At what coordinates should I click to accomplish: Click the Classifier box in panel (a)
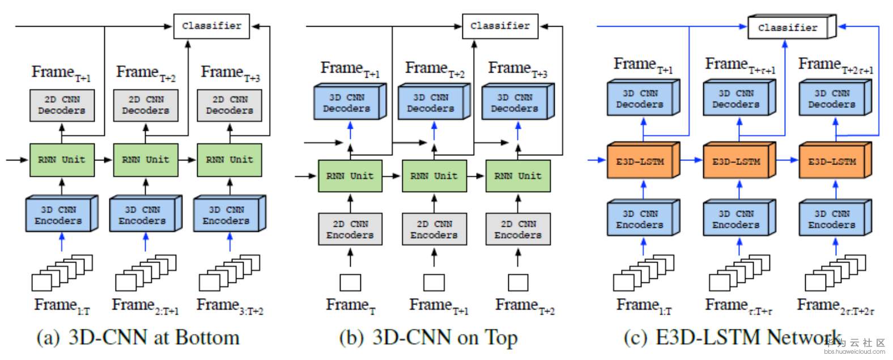(211, 26)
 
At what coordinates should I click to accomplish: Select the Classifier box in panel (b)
(500, 26)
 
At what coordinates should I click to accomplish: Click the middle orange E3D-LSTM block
(736, 162)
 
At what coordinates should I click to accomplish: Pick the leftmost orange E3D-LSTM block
(640, 162)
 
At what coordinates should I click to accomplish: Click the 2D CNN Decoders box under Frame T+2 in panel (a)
(146, 105)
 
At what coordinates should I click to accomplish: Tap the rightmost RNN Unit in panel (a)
(229, 160)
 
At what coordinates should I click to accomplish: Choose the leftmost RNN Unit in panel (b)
(350, 176)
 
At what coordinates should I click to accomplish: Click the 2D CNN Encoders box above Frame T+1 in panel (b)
(434, 229)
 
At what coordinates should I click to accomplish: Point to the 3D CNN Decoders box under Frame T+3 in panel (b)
(514, 103)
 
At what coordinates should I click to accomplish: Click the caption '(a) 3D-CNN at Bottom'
(138, 337)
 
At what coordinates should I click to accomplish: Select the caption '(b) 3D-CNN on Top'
(428, 337)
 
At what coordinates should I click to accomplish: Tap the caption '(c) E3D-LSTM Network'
(731, 337)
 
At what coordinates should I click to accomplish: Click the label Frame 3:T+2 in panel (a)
(229, 306)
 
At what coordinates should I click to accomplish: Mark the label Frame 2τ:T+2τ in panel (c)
(835, 306)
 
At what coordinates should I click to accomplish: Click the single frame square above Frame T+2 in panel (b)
(518, 282)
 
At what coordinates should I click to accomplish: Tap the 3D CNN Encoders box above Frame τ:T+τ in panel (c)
(735, 219)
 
